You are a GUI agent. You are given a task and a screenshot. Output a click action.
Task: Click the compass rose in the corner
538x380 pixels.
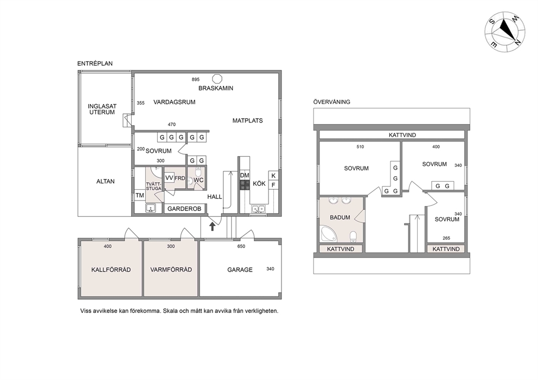click(x=504, y=33)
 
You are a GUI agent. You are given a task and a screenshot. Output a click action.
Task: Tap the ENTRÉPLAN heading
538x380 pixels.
click(x=95, y=63)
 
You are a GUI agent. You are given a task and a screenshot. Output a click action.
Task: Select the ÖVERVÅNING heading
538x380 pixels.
click(x=331, y=102)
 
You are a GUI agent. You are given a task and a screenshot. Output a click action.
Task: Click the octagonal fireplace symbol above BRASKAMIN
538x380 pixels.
click(x=216, y=79)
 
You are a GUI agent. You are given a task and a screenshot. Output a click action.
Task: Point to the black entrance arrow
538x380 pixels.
click(x=213, y=226)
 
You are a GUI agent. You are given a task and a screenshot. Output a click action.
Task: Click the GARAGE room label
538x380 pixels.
click(x=240, y=270)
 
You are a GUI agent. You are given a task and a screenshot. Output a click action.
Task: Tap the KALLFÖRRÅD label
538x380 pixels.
click(x=111, y=270)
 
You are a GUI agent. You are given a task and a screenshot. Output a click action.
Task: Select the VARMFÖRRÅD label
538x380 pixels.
click(x=171, y=270)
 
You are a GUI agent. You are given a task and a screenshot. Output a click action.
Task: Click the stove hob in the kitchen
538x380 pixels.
click(x=245, y=185)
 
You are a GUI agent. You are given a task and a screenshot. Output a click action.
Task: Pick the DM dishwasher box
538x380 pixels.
click(x=245, y=176)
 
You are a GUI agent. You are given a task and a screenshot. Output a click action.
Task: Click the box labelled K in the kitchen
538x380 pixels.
click(x=273, y=176)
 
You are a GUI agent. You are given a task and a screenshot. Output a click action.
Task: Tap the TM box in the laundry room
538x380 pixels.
click(x=139, y=196)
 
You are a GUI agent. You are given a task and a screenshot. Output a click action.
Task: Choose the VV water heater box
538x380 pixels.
click(x=169, y=178)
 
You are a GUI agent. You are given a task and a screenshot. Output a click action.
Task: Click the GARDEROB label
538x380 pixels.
click(x=184, y=209)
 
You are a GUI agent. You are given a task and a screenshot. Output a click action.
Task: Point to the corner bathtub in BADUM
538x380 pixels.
click(x=329, y=234)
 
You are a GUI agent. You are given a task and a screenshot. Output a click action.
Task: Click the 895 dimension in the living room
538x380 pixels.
click(x=196, y=80)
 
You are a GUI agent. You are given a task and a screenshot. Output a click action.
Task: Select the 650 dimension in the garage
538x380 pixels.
click(x=241, y=246)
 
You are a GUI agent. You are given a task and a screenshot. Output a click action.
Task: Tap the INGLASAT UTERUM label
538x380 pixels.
click(x=103, y=110)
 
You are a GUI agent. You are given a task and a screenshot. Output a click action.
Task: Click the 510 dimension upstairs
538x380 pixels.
click(x=360, y=147)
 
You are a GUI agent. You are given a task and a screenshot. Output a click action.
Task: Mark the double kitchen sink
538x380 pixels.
click(x=258, y=209)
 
